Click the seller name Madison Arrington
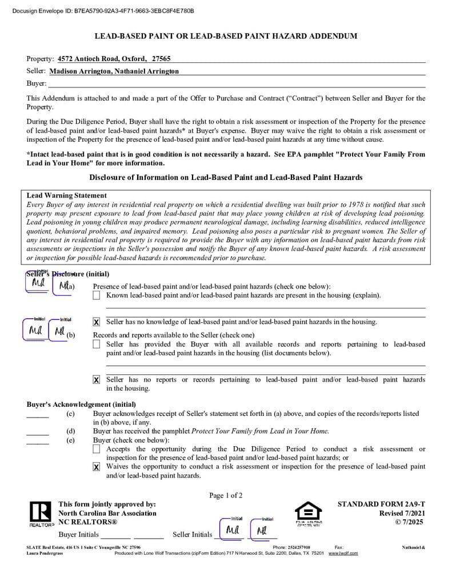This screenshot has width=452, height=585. (80, 71)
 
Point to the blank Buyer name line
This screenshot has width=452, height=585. (229, 83)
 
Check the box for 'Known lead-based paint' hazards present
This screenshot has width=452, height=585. (96, 295)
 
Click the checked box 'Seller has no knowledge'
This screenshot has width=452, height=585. (96, 322)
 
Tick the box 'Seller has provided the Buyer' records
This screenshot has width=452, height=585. (96, 344)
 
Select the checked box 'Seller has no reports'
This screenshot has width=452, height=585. (96, 380)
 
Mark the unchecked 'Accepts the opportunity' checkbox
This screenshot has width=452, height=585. (96, 449)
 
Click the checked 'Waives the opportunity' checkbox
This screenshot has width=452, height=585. (96, 467)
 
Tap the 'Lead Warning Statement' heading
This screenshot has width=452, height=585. (67, 195)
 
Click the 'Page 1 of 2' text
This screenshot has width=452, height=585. (226, 495)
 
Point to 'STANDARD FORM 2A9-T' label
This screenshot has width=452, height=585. (381, 504)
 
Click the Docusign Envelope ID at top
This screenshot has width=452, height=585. (103, 11)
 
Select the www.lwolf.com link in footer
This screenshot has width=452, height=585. (343, 554)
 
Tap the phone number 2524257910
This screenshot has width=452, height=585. (299, 547)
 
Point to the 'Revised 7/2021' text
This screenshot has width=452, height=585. (402, 514)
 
